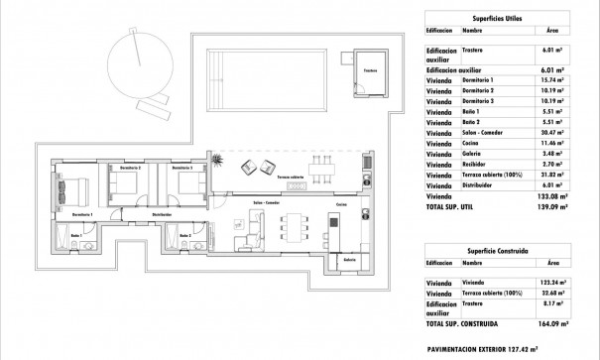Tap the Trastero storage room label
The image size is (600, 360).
[x=369, y=70]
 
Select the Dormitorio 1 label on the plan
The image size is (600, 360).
[x=83, y=213]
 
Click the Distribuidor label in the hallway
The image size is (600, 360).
[x=162, y=213]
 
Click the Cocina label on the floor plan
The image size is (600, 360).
[x=340, y=204]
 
